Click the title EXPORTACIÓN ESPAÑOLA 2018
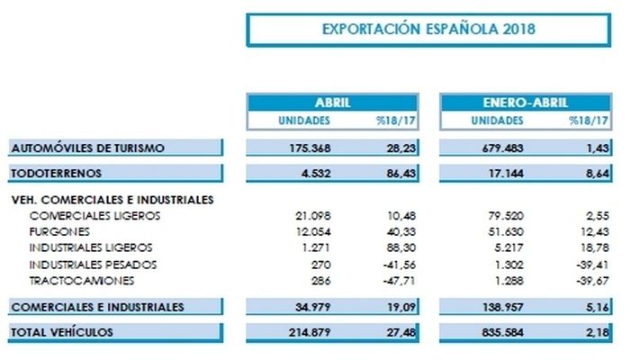pos(428,30)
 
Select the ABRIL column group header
pos(333,103)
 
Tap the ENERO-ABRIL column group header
pos(525,103)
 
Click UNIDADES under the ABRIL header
pos(304,121)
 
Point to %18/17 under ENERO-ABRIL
pos(589,121)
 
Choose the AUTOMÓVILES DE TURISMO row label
pos(87,148)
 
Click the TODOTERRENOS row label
pos(56,174)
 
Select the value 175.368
pos(310,148)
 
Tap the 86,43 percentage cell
pos(401,174)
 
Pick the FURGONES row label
pos(59,231)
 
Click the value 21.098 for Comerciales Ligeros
pos(313,216)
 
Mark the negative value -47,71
pos(399,281)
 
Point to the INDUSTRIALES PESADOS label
pos(93,265)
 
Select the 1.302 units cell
pos(509,265)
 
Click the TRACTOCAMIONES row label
pos(81,281)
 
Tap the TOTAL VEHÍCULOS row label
pos(61,332)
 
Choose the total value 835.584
pos(502,332)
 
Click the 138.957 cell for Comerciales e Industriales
pos(503,307)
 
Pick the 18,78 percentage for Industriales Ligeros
pos(595,247)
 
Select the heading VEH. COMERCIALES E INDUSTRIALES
pos(113,200)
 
